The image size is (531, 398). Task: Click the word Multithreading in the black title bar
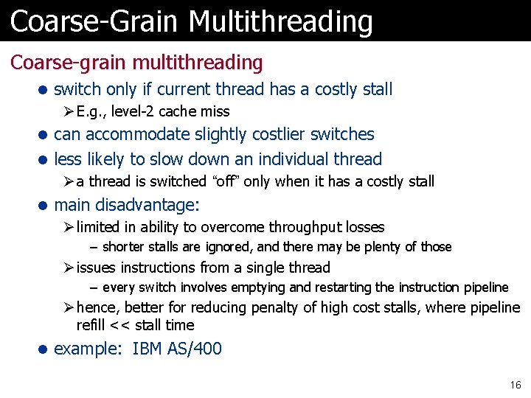pos(280,21)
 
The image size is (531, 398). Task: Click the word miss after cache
pos(215,112)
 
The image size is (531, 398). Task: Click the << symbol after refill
pos(118,326)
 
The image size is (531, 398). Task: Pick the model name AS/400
pos(195,349)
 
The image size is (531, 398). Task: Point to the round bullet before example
pos(44,349)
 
